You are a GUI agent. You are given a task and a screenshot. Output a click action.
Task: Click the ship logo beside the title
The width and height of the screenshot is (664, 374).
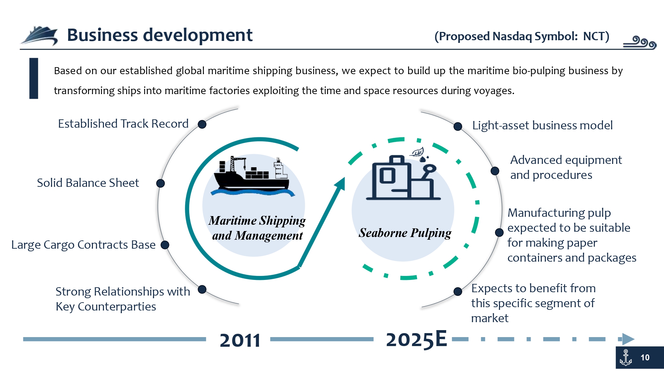tap(40, 36)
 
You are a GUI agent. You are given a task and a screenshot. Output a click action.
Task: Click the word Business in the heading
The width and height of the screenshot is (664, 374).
tap(102, 35)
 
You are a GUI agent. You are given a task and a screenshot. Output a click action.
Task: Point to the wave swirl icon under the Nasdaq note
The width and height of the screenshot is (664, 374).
tap(639, 43)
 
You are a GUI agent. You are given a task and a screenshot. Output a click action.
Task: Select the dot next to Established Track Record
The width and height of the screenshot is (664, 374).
tap(202, 124)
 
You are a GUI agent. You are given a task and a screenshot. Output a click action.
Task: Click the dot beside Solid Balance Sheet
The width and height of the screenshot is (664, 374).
tap(160, 183)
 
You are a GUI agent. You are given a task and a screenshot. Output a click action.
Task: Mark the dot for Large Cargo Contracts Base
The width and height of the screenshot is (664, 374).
tap(165, 245)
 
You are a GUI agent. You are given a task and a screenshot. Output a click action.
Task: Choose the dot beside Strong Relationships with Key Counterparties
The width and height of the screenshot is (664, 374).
tap(202, 290)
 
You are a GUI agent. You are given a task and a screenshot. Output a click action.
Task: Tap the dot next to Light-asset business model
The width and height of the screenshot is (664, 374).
tap(458, 126)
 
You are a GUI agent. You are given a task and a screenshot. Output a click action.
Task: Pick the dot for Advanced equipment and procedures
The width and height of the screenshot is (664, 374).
tap(495, 171)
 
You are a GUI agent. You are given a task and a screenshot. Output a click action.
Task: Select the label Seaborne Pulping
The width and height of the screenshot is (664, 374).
tap(405, 233)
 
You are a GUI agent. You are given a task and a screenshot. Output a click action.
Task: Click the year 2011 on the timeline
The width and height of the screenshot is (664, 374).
tap(240, 340)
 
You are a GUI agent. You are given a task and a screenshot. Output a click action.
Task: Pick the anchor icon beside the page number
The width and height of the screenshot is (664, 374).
tap(626, 358)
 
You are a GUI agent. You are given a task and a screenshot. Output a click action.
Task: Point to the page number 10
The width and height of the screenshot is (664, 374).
tap(645, 358)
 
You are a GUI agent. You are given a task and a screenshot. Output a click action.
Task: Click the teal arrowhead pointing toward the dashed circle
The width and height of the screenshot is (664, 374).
tap(340, 184)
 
